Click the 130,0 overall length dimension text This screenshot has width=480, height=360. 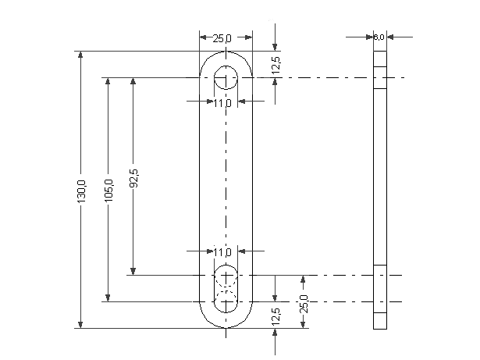point(81,191)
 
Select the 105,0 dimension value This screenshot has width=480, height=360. point(108,191)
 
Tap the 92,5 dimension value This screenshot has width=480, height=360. point(133,178)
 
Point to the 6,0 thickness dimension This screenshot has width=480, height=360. point(379,37)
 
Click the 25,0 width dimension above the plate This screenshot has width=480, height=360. point(222,38)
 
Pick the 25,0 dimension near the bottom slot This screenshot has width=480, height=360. point(304,304)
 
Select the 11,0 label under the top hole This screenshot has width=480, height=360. point(222,104)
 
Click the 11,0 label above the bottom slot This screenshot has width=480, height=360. point(222,253)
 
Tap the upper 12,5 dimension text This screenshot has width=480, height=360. point(276,66)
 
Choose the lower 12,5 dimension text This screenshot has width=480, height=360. point(276,317)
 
